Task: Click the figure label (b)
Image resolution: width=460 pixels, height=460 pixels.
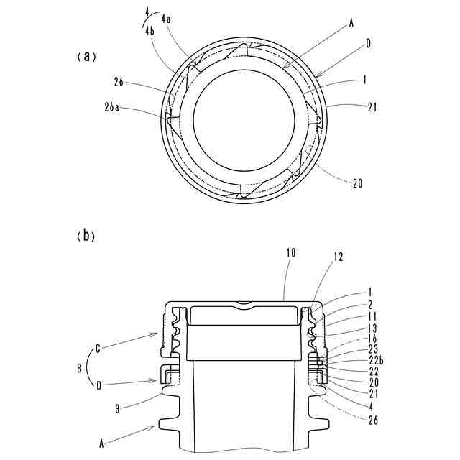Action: [x=86, y=235]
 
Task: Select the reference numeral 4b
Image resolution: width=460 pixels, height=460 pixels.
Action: [x=149, y=32]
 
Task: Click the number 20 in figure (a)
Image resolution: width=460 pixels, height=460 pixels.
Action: [x=357, y=183]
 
